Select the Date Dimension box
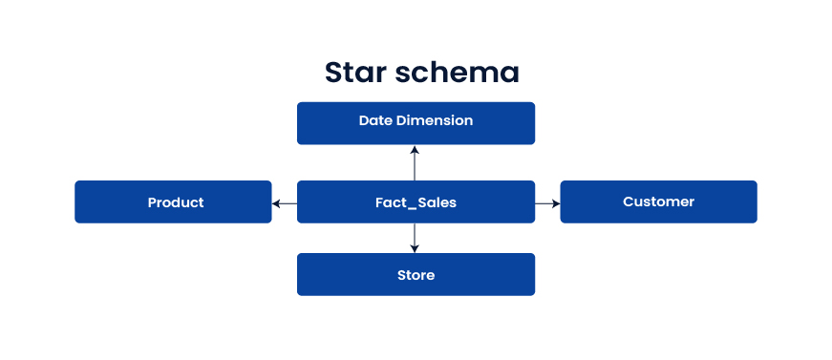(x=416, y=123)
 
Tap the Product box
(x=173, y=201)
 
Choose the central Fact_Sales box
(x=416, y=201)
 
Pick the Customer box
(x=658, y=201)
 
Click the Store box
(x=416, y=275)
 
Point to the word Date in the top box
(x=375, y=120)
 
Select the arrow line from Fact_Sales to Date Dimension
(x=415, y=164)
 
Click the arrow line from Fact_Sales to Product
(x=286, y=202)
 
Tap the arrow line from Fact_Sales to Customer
(x=546, y=202)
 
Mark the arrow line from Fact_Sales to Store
(x=415, y=237)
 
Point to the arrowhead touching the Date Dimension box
(x=415, y=149)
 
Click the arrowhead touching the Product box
(x=276, y=202)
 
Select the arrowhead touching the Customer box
(x=556, y=202)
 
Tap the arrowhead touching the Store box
(x=415, y=249)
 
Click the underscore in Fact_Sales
(x=411, y=207)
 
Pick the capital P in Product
(x=152, y=202)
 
